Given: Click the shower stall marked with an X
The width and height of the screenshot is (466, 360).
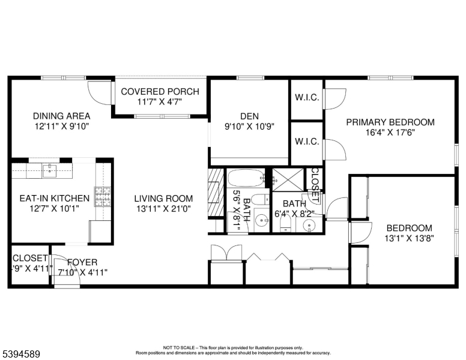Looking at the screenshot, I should pos(288,178).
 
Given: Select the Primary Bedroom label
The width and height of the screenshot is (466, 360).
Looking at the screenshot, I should pos(390,122).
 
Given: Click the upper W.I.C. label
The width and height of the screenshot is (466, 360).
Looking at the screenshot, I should pos(306,98).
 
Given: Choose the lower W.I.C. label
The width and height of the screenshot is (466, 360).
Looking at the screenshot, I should pos(306,142).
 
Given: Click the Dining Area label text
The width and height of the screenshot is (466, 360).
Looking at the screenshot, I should pos(62,116).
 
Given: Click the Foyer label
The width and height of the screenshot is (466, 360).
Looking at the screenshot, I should pos(83,262).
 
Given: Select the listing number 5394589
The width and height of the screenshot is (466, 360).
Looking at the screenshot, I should pos(21,353).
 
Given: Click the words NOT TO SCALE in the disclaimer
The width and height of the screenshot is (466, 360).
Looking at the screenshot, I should pos(178,347).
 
